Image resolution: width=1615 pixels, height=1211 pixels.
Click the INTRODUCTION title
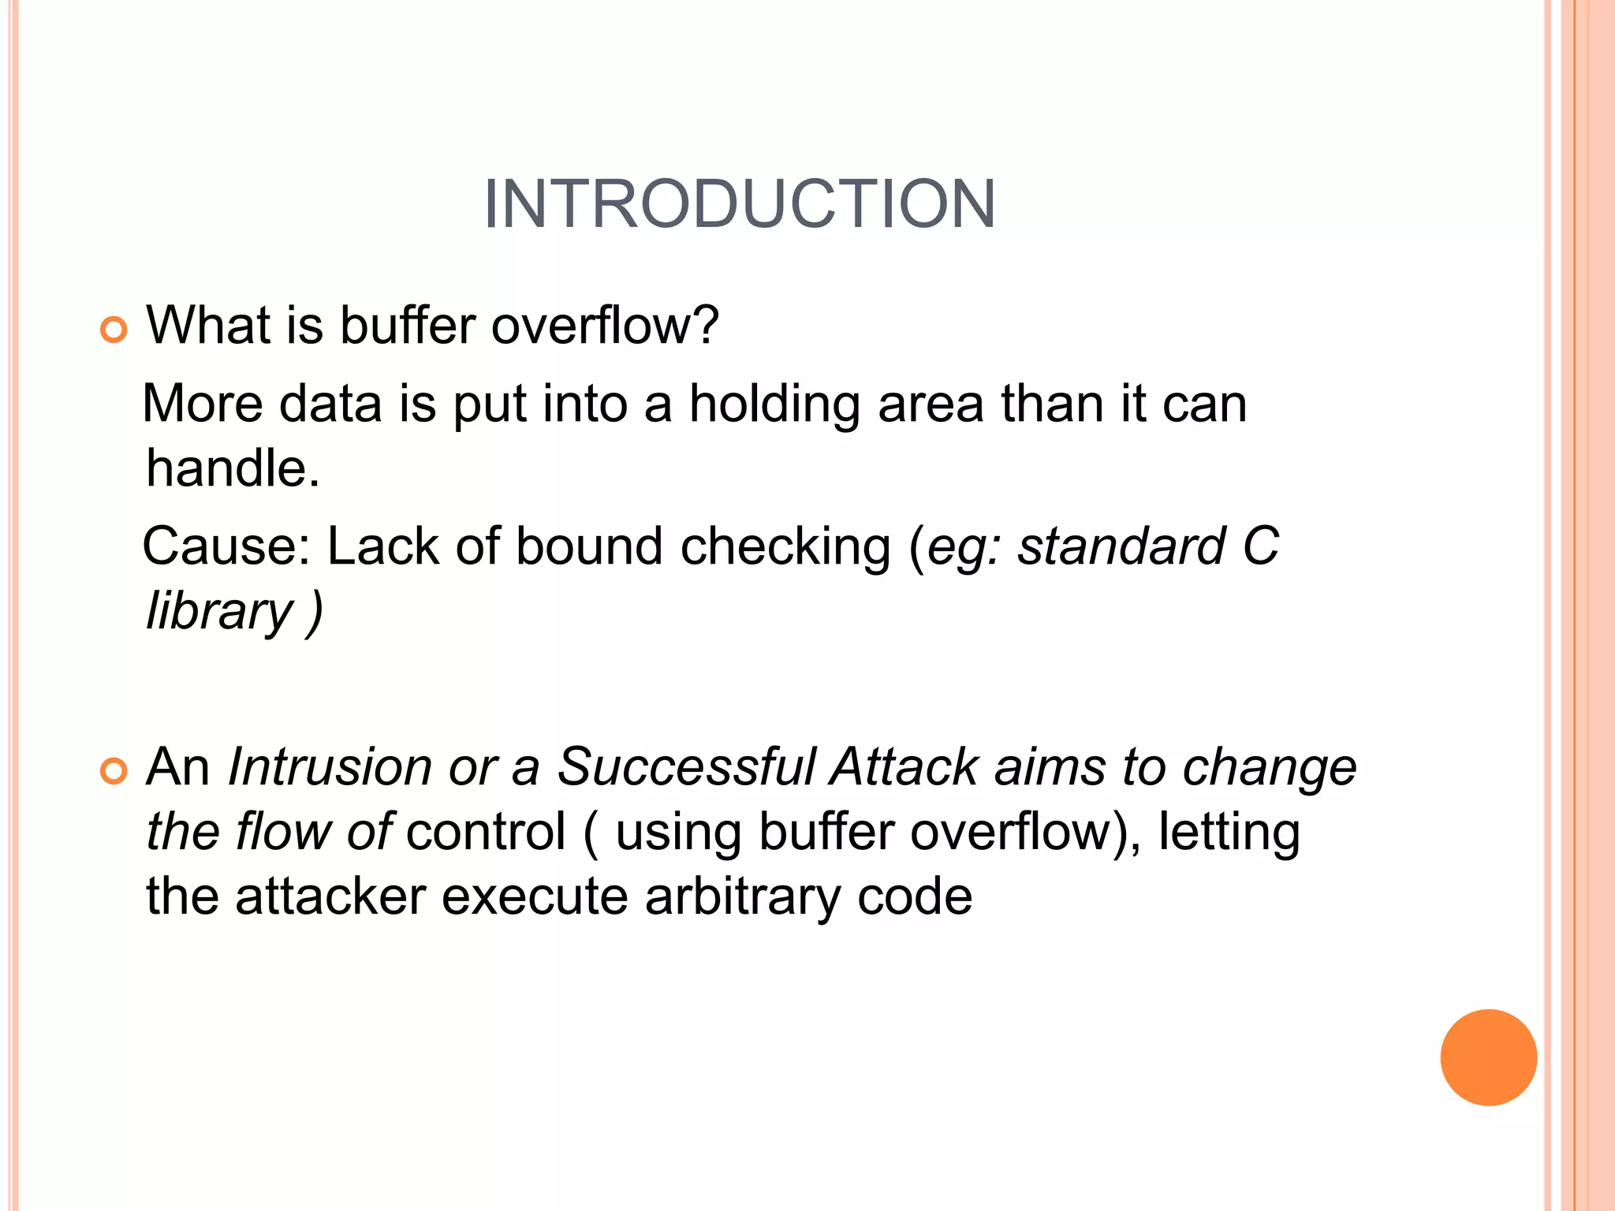pos(740,204)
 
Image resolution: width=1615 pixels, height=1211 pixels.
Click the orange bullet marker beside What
pos(114,330)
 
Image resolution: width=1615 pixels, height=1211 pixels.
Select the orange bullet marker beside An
pos(114,771)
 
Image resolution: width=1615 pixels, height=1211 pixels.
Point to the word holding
pos(774,404)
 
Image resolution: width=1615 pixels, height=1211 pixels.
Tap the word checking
pos(785,547)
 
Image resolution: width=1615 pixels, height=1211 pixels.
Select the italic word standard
pos(1121,546)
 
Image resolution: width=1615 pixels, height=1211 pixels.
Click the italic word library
pos(219,612)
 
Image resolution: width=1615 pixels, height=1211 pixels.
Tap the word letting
pos(1229,833)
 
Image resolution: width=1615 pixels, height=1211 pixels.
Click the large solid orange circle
pos(1488,1057)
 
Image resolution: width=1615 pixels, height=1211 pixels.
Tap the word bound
pos(589,546)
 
